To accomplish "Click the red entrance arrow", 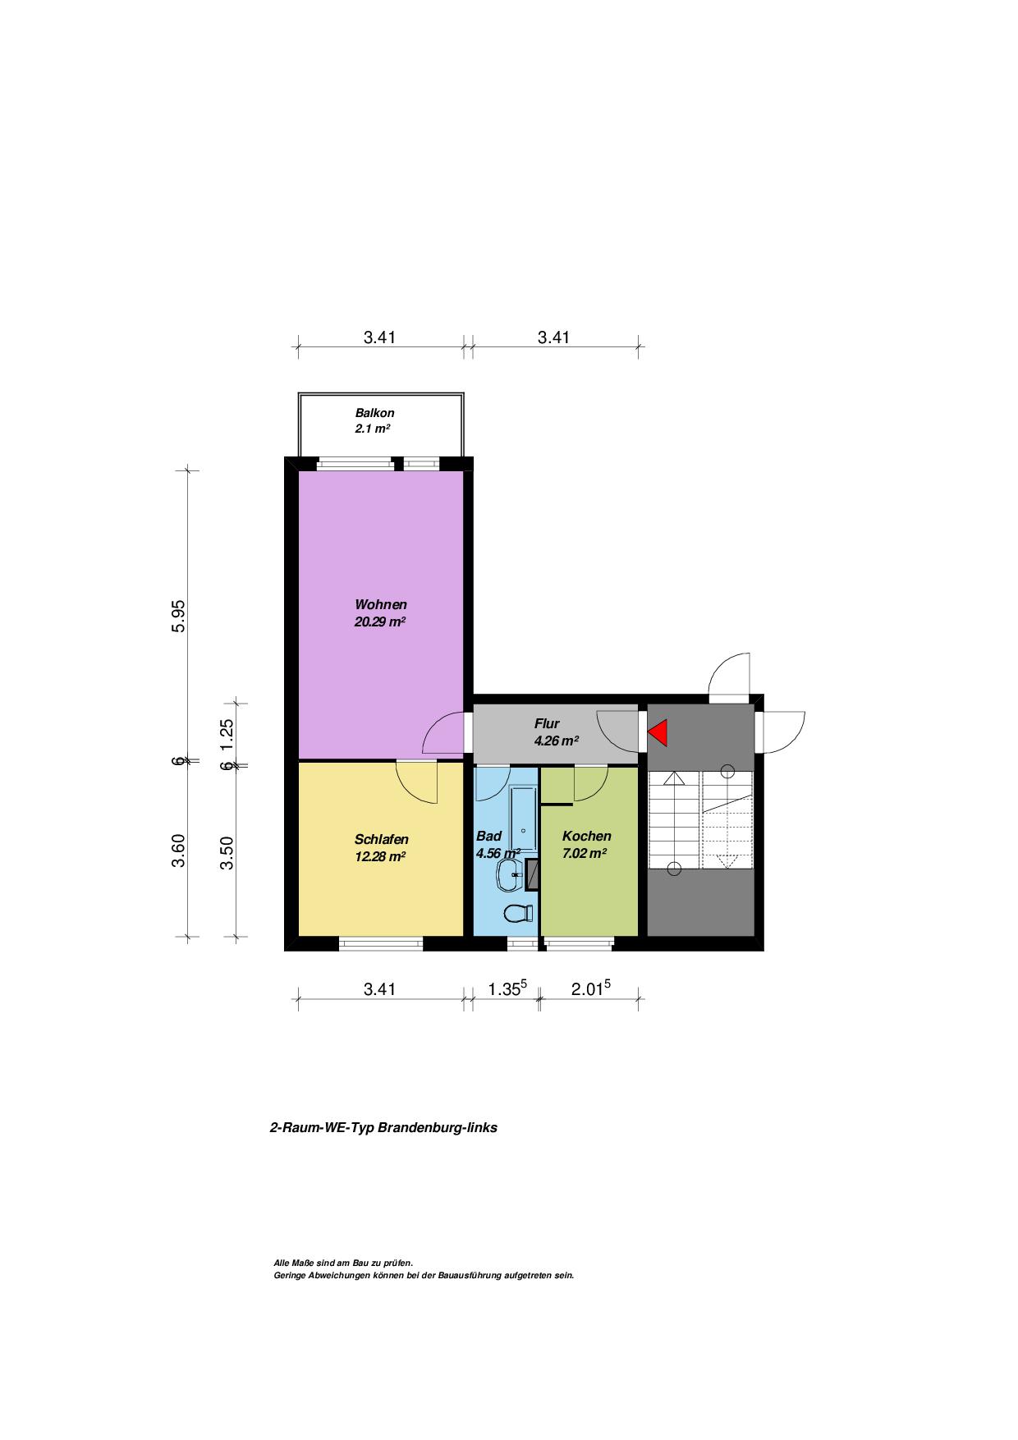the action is point(658,732).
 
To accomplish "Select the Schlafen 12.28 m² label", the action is point(381,847).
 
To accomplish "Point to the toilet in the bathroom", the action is point(517,912).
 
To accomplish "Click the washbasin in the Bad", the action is point(510,875).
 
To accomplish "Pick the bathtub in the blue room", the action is point(523,820).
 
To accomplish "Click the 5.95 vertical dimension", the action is point(179,616).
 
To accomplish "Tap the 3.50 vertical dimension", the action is point(227,852).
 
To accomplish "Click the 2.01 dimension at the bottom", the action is point(590,988).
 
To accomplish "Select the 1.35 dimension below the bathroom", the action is point(507,988).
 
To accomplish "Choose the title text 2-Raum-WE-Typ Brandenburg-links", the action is point(383,1127).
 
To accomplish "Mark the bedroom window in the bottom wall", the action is point(381,944).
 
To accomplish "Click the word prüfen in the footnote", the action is point(398,1263).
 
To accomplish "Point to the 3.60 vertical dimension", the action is point(179,850).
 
